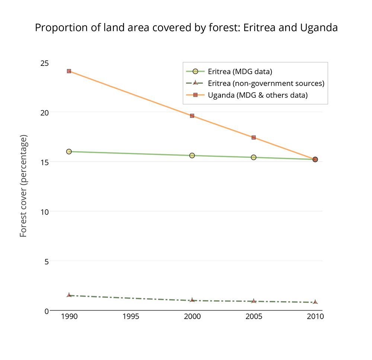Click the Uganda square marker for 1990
coord(69,71)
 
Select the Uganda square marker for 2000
coord(192,116)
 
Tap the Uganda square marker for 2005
coord(253,137)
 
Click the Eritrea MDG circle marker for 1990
coord(69,152)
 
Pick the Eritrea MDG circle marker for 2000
coord(192,155)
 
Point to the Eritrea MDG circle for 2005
coord(253,157)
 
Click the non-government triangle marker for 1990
coord(69,295)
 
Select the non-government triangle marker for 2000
coord(192,300)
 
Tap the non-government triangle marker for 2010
coord(315,302)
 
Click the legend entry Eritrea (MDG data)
coord(240,71)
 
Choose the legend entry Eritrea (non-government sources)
coord(266,83)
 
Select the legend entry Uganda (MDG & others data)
coord(257,95)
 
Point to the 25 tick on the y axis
coord(44,63)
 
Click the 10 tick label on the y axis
coord(44,211)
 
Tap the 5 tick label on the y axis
coord(46,261)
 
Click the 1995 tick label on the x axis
coord(131,317)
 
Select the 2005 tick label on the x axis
coord(253,317)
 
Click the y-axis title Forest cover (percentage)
coord(23,187)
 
